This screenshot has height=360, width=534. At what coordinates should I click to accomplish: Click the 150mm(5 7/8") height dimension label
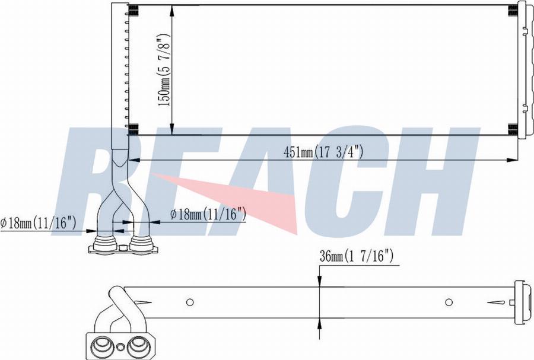tap(164, 70)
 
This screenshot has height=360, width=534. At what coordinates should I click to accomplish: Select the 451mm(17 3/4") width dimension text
tap(323, 152)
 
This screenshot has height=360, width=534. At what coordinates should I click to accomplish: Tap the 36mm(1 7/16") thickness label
tap(357, 256)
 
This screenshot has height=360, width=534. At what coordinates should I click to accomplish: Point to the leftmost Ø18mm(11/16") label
tap(39, 223)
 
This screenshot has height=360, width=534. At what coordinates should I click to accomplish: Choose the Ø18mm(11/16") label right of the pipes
tap(208, 214)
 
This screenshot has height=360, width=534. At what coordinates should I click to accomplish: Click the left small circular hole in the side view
tap(190, 302)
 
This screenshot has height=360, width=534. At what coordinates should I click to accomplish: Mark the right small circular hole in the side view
tap(449, 302)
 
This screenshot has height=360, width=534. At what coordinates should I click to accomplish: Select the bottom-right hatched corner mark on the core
tap(513, 129)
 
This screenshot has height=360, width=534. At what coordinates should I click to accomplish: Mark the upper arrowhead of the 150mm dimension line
tap(171, 9)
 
